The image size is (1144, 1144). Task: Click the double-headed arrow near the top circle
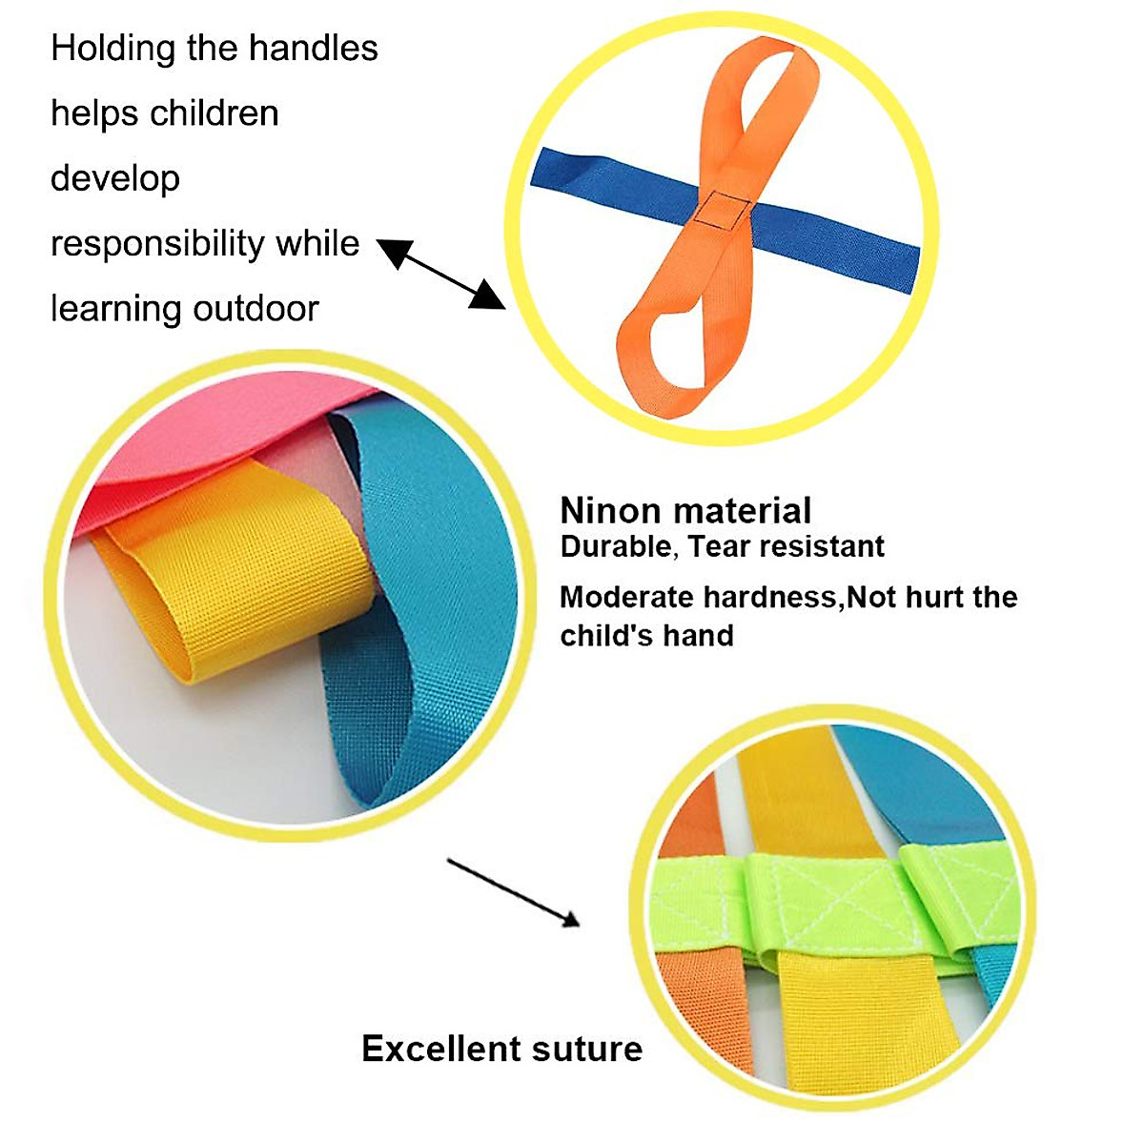(440, 274)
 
